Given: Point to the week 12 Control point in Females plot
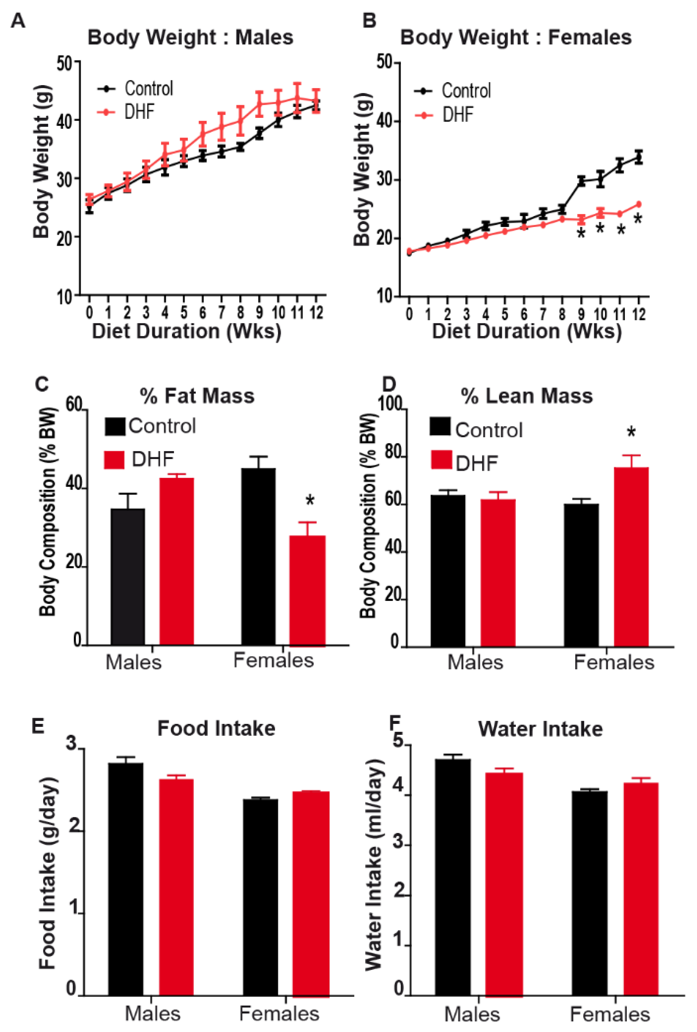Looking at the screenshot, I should pos(639,157).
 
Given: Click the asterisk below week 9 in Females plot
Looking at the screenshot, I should pos(581,234).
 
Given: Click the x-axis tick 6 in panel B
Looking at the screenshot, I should pos(524,314).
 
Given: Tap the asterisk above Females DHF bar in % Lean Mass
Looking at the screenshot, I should pos(631,432).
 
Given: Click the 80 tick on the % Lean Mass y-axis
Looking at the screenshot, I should pos(393,453).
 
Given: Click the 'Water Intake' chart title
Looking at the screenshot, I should pos(540,729).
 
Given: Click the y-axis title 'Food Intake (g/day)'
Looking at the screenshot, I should pos(48,873).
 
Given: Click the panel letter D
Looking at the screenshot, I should pos(389,384).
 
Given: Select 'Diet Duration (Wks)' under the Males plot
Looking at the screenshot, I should pos(187,331).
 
